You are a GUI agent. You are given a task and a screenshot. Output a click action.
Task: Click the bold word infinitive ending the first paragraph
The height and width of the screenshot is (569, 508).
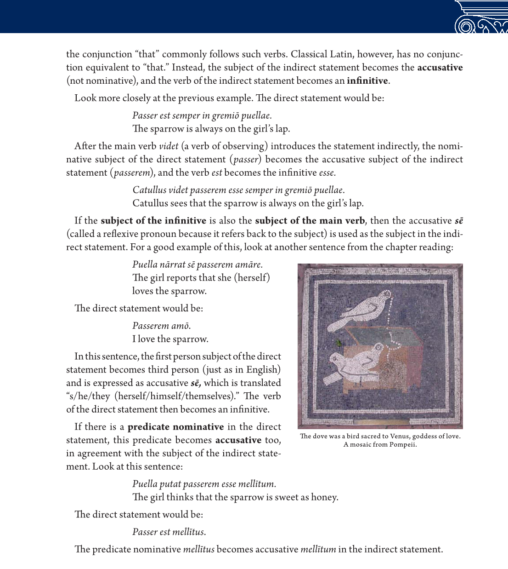coord(367,81)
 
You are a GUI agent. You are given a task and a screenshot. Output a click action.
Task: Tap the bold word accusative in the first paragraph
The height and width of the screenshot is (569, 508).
coord(440,68)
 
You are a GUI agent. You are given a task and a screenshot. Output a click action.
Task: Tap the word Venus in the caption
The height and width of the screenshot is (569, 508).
coord(399,437)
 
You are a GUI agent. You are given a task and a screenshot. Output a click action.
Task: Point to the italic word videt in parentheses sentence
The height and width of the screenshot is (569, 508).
coord(169,146)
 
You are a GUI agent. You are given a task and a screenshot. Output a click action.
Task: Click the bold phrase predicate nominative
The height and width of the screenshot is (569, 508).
coord(175,427)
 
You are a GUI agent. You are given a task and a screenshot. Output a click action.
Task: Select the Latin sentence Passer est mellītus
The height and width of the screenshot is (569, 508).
coord(169,532)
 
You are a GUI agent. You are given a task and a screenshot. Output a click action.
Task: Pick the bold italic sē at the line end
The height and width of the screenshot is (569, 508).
coord(458,221)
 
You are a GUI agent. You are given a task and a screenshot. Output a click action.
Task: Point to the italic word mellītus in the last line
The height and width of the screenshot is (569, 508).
coord(198,550)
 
